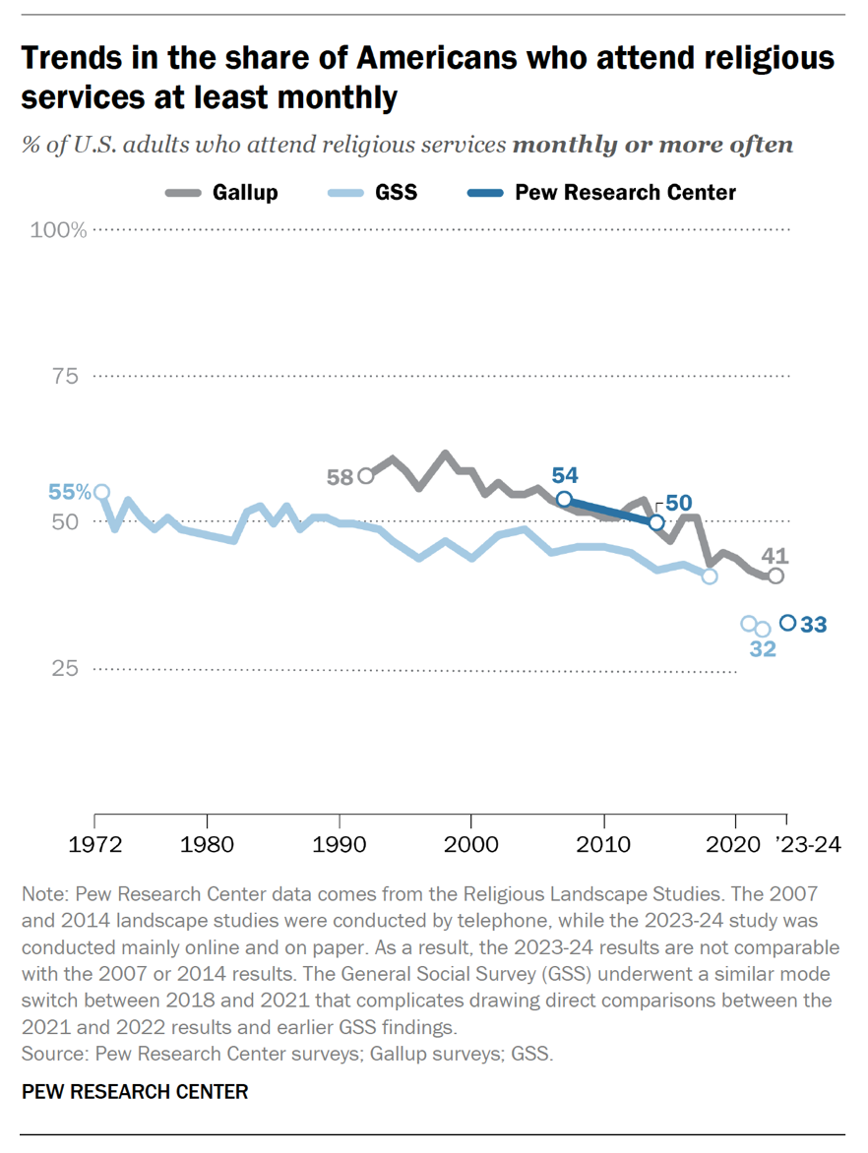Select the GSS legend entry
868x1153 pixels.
(396, 193)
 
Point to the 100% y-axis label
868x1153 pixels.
(60, 230)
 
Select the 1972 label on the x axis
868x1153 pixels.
(95, 844)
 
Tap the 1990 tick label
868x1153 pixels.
(340, 844)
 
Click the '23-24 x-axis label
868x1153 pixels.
(808, 844)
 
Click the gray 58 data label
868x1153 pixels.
(340, 477)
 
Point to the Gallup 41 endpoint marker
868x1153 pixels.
(775, 576)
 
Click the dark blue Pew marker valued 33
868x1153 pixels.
(787, 623)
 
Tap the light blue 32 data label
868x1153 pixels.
(763, 649)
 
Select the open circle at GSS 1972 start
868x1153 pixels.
(100, 492)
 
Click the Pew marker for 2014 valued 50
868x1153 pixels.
(656, 521)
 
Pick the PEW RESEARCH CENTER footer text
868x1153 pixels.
(134, 1092)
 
